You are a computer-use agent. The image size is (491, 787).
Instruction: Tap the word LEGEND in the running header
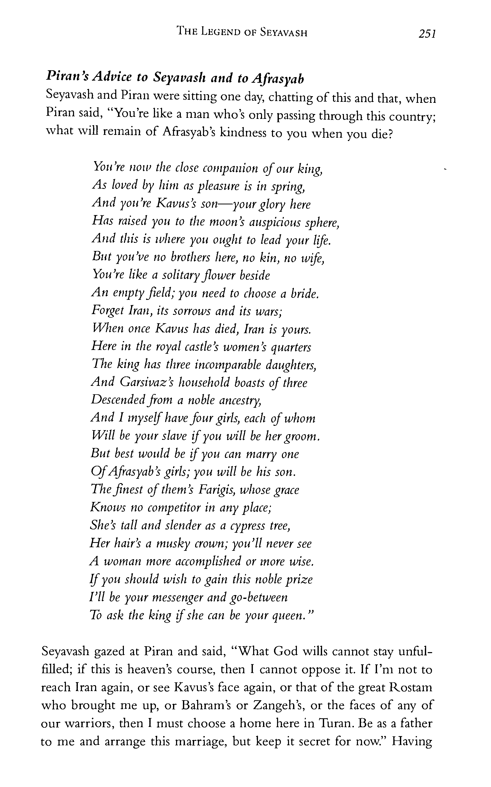click(x=221, y=32)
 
